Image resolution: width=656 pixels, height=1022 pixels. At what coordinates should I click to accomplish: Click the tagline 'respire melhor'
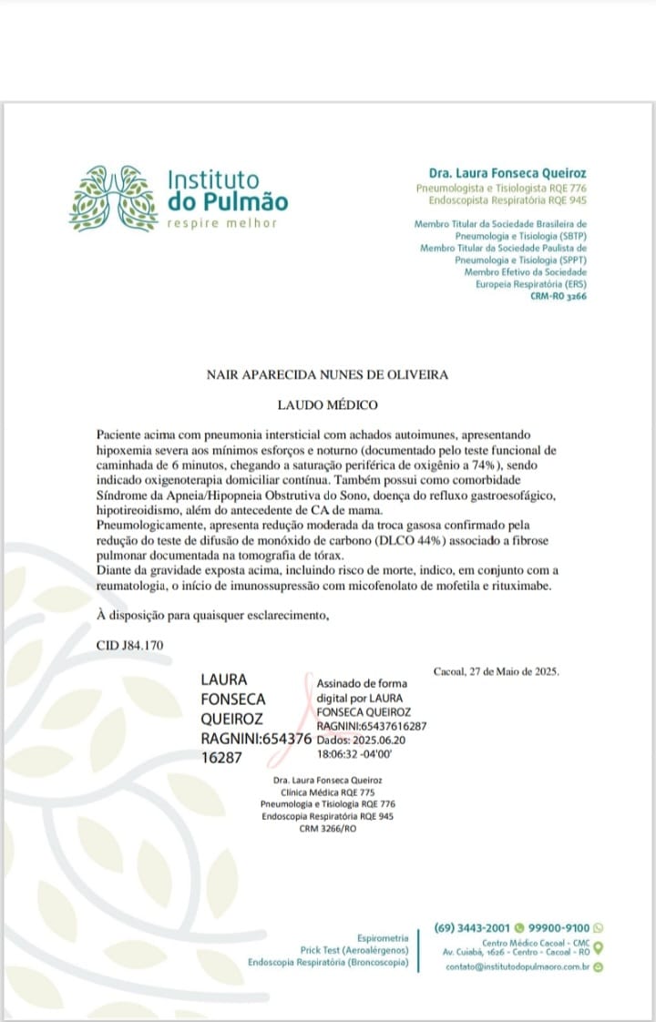pyautogui.click(x=221, y=224)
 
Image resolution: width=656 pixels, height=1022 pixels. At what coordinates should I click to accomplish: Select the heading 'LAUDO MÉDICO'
pyautogui.click(x=327, y=404)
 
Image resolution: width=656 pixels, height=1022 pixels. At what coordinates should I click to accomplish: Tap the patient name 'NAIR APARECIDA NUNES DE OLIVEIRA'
pyautogui.click(x=327, y=374)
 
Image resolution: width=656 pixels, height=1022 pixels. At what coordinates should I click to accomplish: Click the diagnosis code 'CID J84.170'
pyautogui.click(x=129, y=645)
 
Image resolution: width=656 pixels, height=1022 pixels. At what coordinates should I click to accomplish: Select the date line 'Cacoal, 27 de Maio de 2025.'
pyautogui.click(x=497, y=671)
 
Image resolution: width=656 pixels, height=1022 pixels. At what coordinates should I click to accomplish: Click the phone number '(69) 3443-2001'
pyautogui.click(x=473, y=928)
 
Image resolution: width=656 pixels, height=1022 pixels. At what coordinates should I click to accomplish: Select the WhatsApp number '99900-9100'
pyautogui.click(x=559, y=928)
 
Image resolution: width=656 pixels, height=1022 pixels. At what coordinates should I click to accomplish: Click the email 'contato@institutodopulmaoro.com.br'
pyautogui.click(x=518, y=967)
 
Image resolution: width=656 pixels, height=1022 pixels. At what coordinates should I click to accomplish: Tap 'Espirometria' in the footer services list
pyautogui.click(x=383, y=937)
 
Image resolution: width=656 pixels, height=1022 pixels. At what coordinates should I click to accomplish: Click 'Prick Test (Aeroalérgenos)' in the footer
pyautogui.click(x=354, y=950)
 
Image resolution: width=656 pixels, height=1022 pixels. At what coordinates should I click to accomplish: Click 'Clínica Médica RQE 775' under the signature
pyautogui.click(x=327, y=793)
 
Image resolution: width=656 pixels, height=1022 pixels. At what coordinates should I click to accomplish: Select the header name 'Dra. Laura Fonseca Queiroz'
pyautogui.click(x=507, y=173)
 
